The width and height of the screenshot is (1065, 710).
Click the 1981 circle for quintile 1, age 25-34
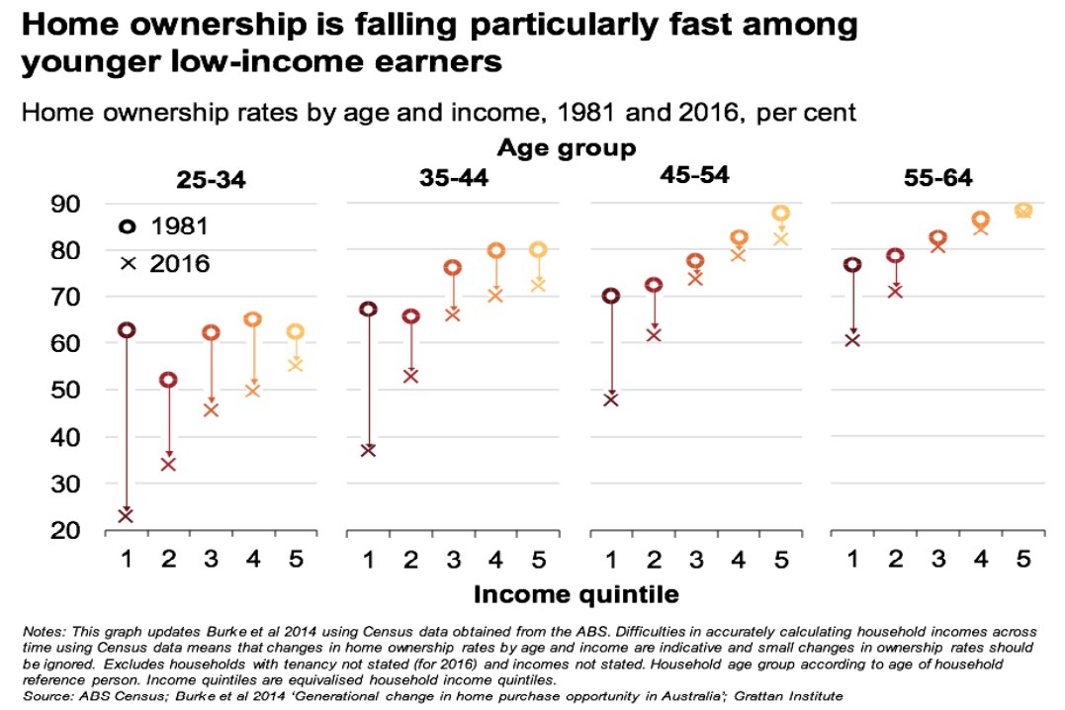(x=126, y=330)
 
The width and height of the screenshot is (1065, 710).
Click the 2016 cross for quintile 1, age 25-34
(x=126, y=515)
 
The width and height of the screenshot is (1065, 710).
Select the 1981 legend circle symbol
(x=126, y=226)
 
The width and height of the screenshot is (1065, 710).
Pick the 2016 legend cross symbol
(x=126, y=263)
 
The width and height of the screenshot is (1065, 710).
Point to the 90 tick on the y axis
(x=67, y=204)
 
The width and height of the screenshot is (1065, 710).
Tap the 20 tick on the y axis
(x=67, y=530)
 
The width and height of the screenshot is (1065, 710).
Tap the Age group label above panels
(x=567, y=148)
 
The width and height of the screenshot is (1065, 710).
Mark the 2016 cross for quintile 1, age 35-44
(x=368, y=450)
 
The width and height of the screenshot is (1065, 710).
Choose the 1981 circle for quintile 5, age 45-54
(x=780, y=214)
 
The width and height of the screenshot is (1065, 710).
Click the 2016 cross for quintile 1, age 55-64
(x=851, y=340)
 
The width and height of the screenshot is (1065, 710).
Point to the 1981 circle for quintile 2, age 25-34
(x=168, y=380)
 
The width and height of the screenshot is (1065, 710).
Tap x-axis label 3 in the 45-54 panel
(x=695, y=560)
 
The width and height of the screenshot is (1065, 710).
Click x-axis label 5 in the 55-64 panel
(x=1023, y=560)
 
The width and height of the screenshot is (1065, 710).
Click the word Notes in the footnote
(x=42, y=630)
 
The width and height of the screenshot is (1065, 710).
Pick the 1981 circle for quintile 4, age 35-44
(x=495, y=251)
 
